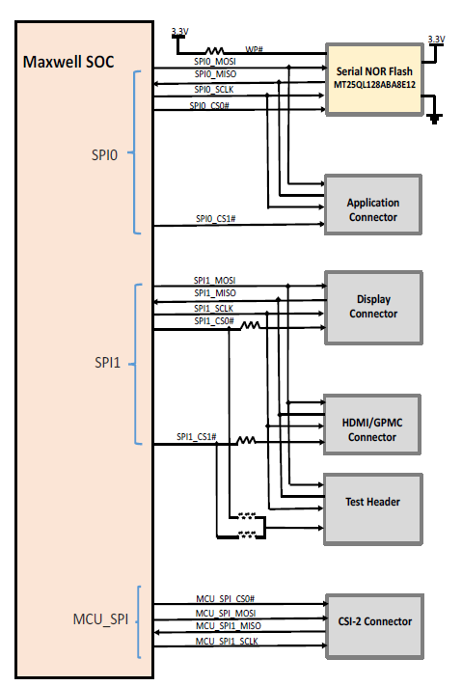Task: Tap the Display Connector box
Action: coord(373,307)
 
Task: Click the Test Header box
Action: coord(373,502)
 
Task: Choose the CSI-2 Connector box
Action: coord(373,621)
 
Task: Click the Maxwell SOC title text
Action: coord(68,63)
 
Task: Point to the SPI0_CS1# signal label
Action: coord(215,219)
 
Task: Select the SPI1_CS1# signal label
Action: coord(197,437)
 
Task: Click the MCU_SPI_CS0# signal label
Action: coord(225,599)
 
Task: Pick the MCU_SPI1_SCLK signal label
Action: coord(227,641)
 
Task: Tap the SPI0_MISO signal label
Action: coord(215,73)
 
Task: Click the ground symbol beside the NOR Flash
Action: coord(435,118)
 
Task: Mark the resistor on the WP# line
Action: coord(215,52)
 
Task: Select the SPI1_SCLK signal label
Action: coord(213,307)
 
